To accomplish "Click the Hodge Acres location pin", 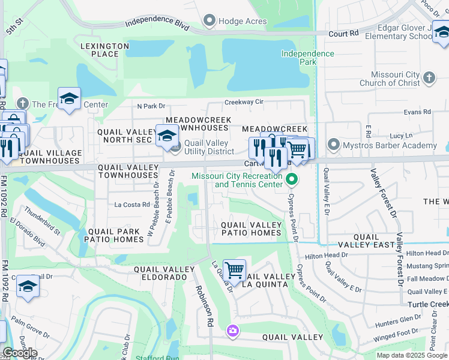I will click(x=209, y=21).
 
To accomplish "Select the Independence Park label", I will click(x=308, y=58).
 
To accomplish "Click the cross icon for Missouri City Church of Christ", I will click(x=429, y=77).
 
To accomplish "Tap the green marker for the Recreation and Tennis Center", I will click(x=292, y=179).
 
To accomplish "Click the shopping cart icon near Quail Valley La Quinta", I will click(x=234, y=271).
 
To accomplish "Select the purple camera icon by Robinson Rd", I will click(x=232, y=331).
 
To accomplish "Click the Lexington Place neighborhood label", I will click(x=105, y=50).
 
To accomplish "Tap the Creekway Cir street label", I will click(x=244, y=102).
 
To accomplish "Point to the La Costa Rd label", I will click(x=132, y=205).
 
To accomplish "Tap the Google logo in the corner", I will click(x=20, y=353).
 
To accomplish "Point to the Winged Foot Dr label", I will click(x=397, y=332).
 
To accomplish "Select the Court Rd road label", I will click(x=339, y=34).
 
